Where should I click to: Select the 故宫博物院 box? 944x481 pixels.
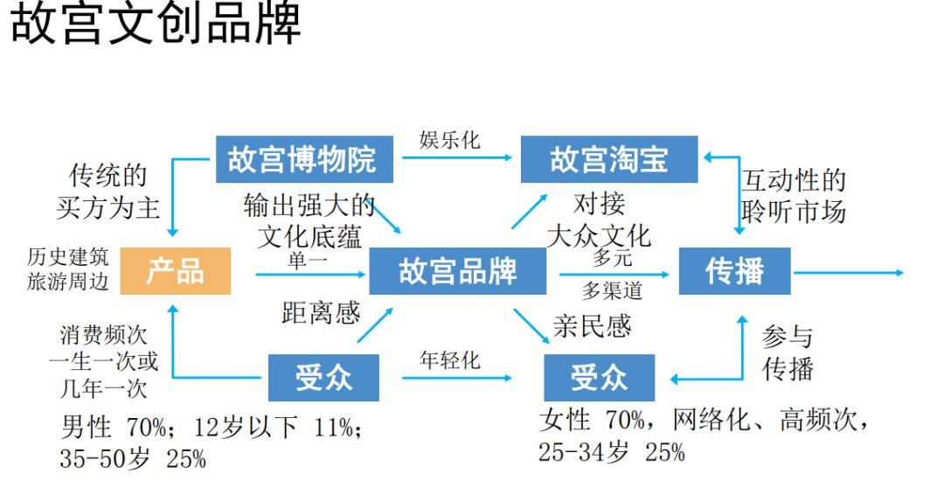pos(302,159)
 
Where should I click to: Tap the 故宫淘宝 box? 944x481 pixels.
pos(609,159)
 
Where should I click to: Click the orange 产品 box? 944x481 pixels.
pos(176,271)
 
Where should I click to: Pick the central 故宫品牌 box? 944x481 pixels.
pos(457,271)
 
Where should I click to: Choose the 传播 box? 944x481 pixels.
pos(735,271)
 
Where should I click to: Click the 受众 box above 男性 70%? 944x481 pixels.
pos(323,378)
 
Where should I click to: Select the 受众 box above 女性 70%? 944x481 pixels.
pos(600,378)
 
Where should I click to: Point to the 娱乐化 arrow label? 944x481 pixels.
pos(449,140)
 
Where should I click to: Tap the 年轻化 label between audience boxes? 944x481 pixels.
pos(449,359)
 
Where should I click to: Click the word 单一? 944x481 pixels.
pos(308,260)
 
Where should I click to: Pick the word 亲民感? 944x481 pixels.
pos(592,325)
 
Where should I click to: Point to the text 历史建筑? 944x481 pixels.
pos(68,257)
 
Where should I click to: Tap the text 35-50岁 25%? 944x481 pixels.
pos(133,458)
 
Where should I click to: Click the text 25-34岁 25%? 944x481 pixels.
pos(612,452)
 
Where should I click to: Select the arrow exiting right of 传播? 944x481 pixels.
pos(848,273)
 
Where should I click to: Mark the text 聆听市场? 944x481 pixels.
pos(794,211)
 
